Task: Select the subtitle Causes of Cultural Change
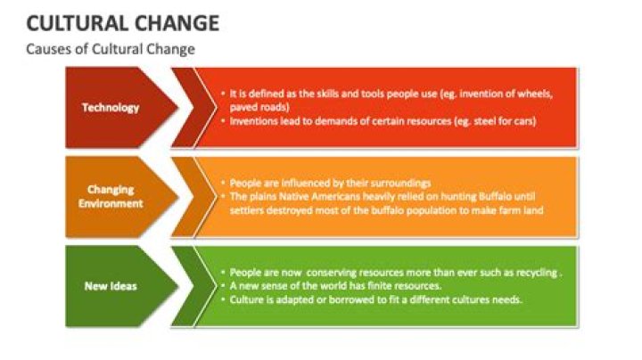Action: [110, 49]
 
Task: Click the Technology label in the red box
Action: [111, 108]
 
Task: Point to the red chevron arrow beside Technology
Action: [187, 108]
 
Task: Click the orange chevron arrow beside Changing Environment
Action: [187, 196]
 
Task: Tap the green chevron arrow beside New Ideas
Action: [187, 286]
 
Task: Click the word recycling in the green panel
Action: [531, 272]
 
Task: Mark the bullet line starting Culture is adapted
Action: [374, 300]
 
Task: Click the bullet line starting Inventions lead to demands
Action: [382, 121]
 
